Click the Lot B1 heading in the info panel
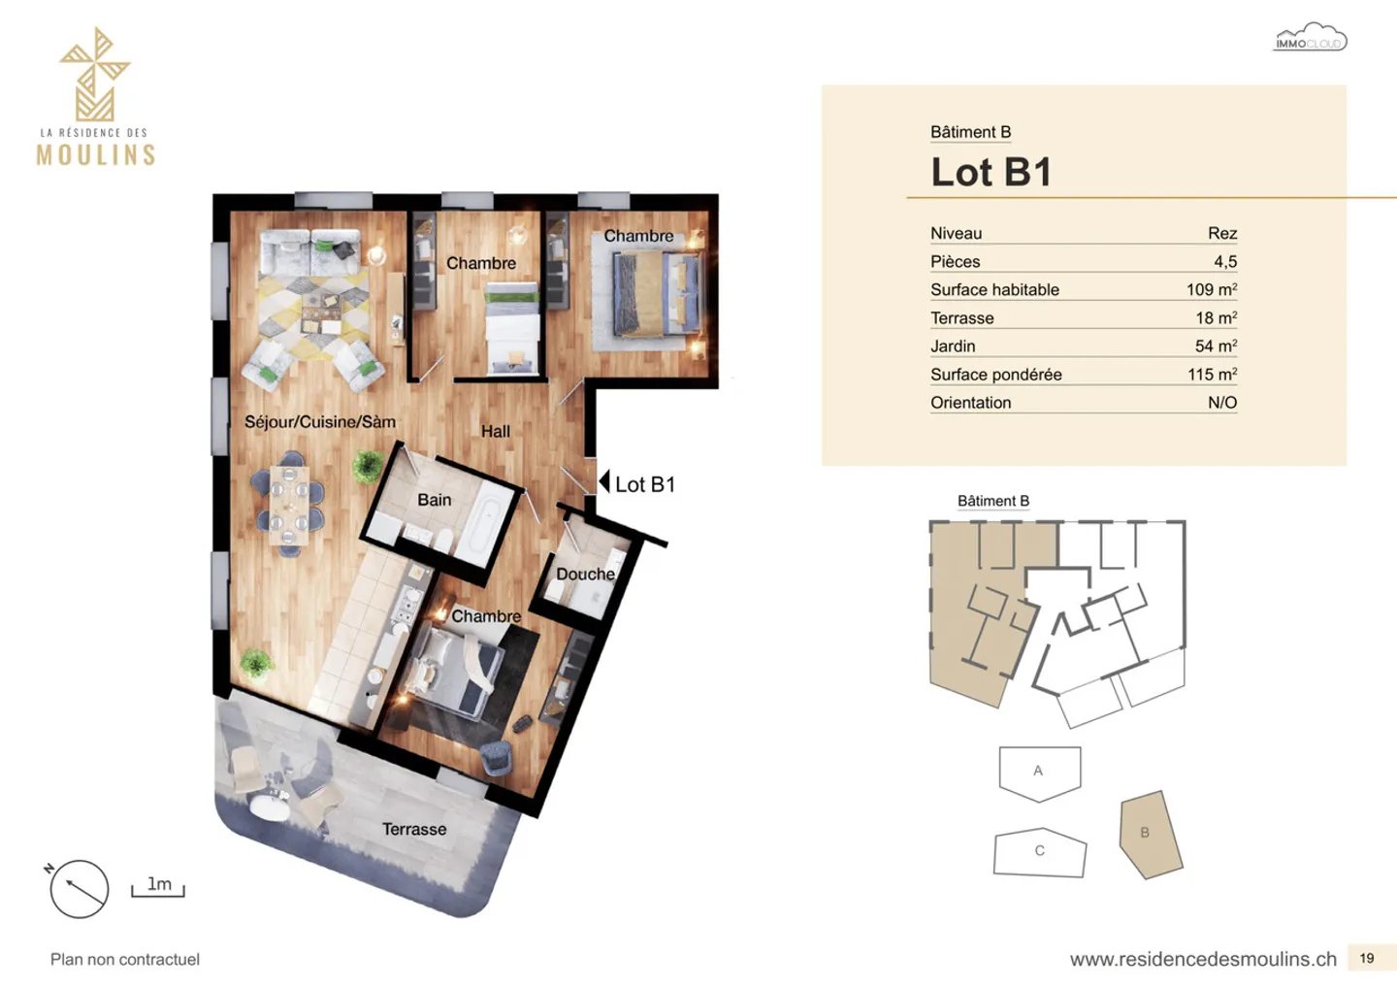pos(991,172)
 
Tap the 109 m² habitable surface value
pos(1211,289)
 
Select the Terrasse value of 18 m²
pos(1216,317)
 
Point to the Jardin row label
pos(953,346)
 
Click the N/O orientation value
pos(1221,402)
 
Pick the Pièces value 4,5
pos(1224,261)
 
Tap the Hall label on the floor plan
pos(495,431)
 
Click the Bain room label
pos(434,500)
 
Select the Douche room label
pos(585,574)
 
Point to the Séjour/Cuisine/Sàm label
pos(319,421)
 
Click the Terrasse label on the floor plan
pos(414,829)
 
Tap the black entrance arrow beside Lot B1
pos(604,481)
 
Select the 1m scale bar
pos(158,888)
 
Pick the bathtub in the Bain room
pos(481,525)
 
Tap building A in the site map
pos(1039,772)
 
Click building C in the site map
pos(1040,852)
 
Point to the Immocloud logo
pos(1310,39)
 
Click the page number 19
pos(1366,958)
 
